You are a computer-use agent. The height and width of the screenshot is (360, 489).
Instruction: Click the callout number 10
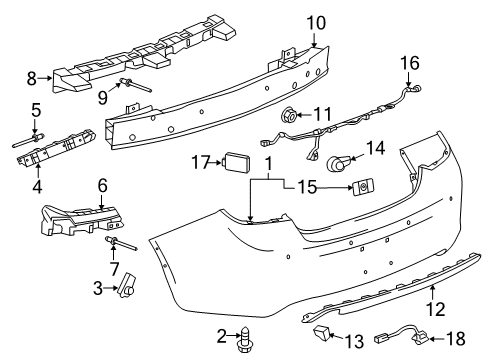(316, 22)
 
